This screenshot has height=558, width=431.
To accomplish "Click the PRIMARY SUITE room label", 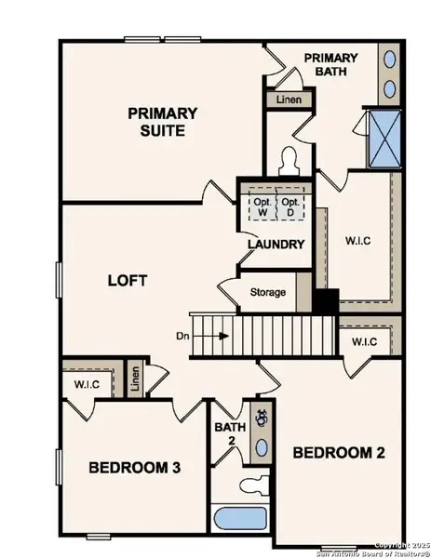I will [x=163, y=122].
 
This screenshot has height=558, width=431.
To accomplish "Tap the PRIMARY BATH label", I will [x=330, y=65].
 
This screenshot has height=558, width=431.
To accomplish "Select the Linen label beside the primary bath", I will [x=284, y=99].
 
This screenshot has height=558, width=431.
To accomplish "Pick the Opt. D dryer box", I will [x=290, y=207].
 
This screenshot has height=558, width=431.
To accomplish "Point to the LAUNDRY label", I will [x=276, y=245].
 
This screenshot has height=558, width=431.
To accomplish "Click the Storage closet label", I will [x=268, y=292].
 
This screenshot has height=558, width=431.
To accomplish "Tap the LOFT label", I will [x=128, y=280].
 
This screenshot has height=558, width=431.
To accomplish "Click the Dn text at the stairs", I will [x=182, y=337].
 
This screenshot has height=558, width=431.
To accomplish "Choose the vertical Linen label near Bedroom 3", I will [x=135, y=379].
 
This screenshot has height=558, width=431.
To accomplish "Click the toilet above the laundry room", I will [x=289, y=162].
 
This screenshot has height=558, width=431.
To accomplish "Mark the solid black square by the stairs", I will [x=325, y=301].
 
